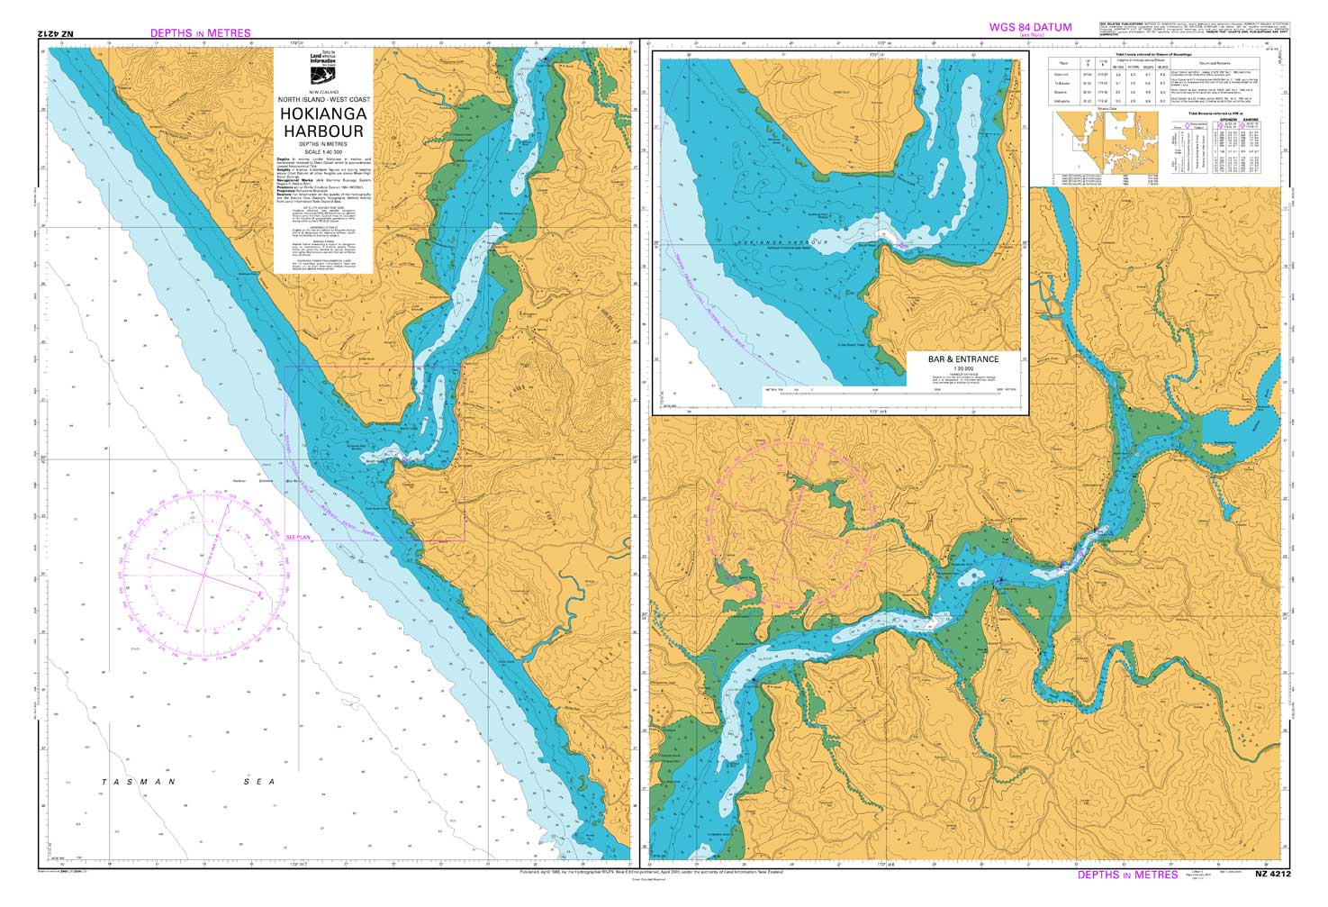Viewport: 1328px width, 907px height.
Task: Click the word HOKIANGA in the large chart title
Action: point(323,114)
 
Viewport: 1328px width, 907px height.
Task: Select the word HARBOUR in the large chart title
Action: point(323,132)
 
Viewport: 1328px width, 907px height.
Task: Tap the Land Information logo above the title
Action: point(323,68)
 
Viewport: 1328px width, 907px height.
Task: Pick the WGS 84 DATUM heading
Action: point(1030,27)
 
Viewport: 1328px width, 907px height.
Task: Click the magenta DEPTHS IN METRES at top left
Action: point(200,33)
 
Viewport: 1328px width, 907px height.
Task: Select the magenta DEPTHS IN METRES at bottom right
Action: point(1127,875)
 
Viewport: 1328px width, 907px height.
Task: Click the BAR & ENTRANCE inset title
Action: point(962,358)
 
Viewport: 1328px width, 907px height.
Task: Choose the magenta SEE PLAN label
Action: point(297,537)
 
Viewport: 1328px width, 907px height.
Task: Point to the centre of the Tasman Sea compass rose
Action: point(203,574)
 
